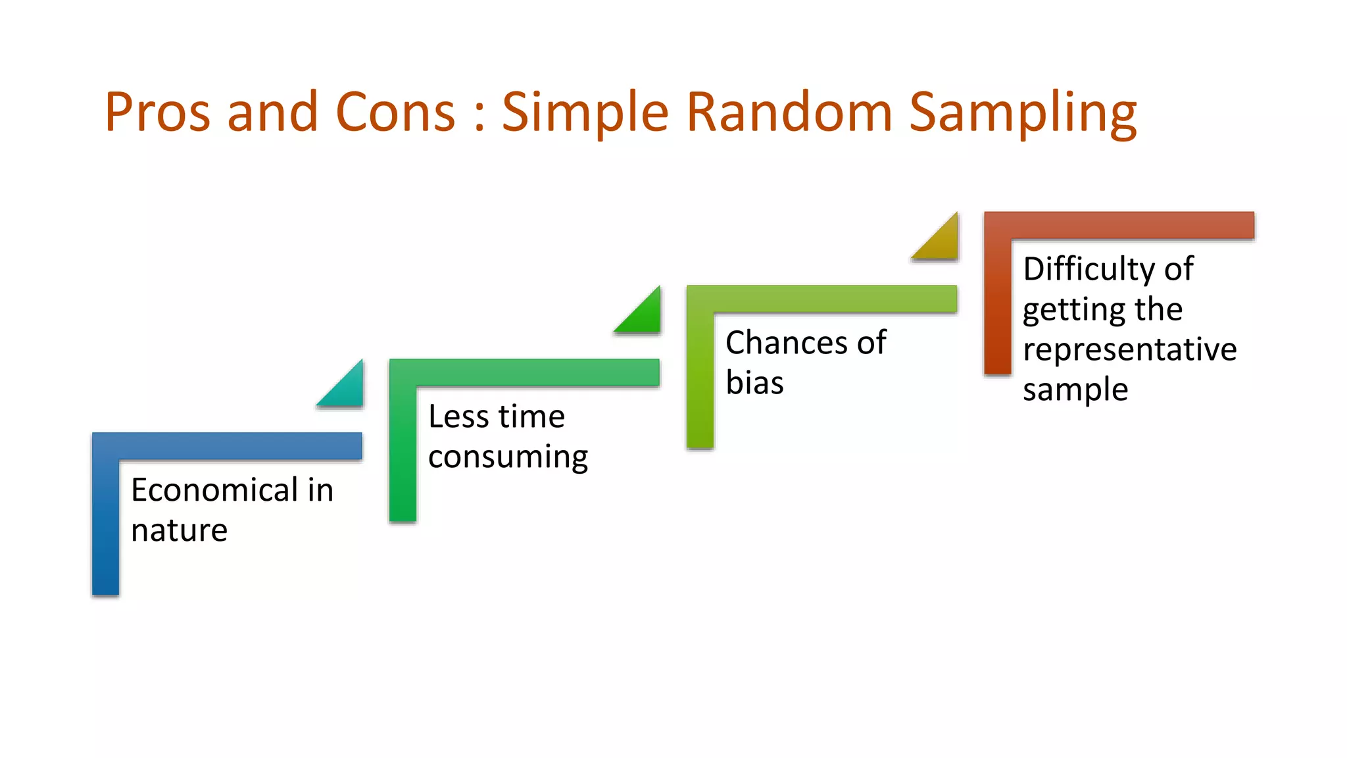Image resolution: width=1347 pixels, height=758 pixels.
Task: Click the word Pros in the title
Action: click(157, 112)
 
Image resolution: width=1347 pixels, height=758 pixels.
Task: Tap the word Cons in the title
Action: click(395, 112)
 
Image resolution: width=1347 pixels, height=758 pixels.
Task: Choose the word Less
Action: click(458, 417)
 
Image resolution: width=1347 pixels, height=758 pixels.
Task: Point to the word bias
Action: click(754, 383)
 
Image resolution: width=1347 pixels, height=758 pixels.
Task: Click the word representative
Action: click(1129, 350)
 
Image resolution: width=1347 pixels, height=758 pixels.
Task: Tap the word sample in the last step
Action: click(1075, 390)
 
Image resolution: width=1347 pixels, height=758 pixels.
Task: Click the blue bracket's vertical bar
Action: click(105, 526)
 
